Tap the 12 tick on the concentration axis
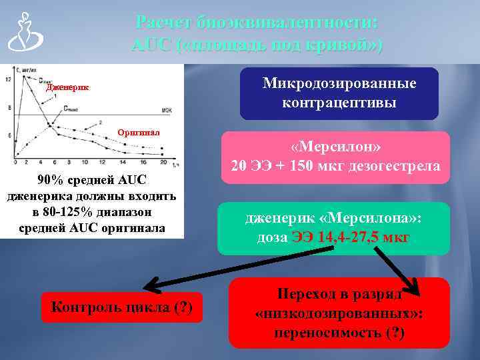(8, 79)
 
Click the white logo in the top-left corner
(23, 33)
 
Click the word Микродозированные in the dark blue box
(339, 83)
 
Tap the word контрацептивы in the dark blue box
(339, 103)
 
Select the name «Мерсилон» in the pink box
(335, 146)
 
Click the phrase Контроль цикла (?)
(122, 307)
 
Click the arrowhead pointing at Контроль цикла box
(152, 286)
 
